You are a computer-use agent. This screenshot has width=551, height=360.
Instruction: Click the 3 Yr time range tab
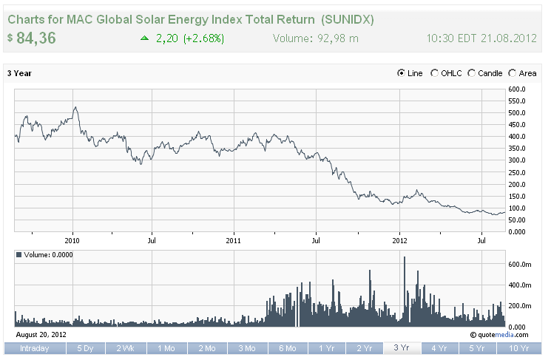[x=402, y=348]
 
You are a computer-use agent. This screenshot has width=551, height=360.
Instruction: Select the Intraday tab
[x=35, y=348]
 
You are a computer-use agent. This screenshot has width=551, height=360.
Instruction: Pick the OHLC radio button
[x=435, y=73]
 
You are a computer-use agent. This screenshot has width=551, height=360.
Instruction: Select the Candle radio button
[x=472, y=73]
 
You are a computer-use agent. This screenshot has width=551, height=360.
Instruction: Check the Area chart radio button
[x=513, y=73]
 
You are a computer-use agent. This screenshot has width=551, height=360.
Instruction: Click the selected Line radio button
[x=402, y=73]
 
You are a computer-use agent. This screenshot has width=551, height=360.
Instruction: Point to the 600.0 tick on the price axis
[x=516, y=89]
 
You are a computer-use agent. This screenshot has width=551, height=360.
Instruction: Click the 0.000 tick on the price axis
[x=516, y=232]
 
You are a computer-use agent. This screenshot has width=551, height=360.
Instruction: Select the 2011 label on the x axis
[x=234, y=240]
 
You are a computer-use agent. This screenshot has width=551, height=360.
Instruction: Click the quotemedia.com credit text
[x=504, y=334]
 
